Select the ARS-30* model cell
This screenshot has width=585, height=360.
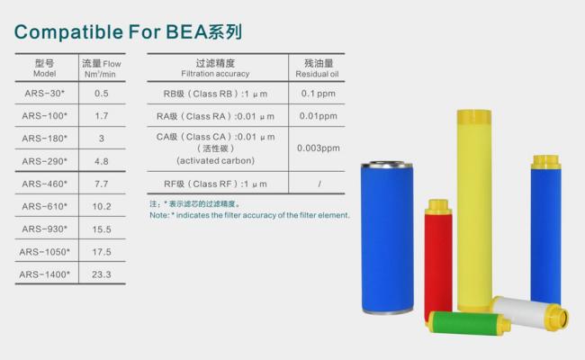click(x=45, y=93)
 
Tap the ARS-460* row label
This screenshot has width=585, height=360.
click(x=45, y=184)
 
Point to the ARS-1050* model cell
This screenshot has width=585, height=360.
click(x=45, y=251)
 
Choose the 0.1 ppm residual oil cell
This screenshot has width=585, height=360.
click(x=319, y=94)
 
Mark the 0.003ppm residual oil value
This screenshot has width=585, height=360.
click(x=319, y=148)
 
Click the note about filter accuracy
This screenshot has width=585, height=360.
click(x=249, y=215)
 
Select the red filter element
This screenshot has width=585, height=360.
click(x=438, y=256)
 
